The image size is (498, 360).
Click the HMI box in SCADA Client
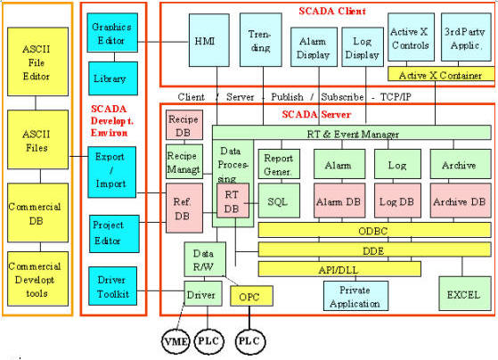pyautogui.click(x=209, y=40)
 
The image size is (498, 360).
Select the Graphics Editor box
pyautogui.click(x=112, y=32)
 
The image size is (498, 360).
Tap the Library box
pyautogui.click(x=113, y=78)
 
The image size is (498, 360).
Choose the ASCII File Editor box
pyautogui.click(x=37, y=61)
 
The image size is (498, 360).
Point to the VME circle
pyautogui.click(x=176, y=341)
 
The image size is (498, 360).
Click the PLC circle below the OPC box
pyautogui.click(x=250, y=341)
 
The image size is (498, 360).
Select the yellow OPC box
pyautogui.click(x=251, y=296)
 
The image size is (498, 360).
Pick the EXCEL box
pyautogui.click(x=465, y=293)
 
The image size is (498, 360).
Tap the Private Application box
pyautogui.click(x=355, y=296)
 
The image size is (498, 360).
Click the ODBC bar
pyautogui.click(x=375, y=230)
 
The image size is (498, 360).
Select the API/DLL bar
pyautogui.click(x=339, y=269)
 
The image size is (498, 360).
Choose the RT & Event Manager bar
pyautogui.click(x=352, y=133)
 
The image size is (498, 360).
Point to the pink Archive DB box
pyautogui.click(x=461, y=200)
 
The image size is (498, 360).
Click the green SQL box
pyautogui.click(x=279, y=200)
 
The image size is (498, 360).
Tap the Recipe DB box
pyautogui.click(x=184, y=125)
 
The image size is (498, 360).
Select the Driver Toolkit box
pyautogui.click(x=113, y=286)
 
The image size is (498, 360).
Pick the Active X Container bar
pyautogui.click(x=441, y=74)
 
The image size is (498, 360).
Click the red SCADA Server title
pyautogui.click(x=316, y=114)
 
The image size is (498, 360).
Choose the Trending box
pyautogui.click(x=261, y=40)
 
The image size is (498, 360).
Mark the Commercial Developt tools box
pyautogui.click(x=37, y=279)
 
